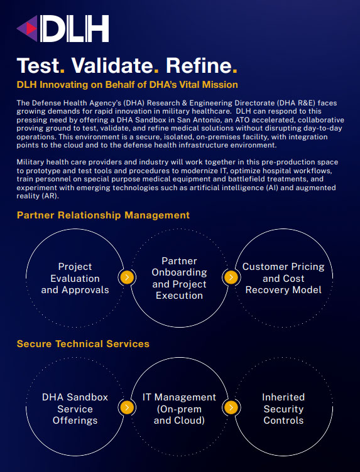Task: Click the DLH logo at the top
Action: coord(63,29)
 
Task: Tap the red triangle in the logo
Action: coord(31,29)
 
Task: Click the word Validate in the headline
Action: coord(112,65)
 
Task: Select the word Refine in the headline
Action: coord(199,65)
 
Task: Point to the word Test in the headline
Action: coord(38,65)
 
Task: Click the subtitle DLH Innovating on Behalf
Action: coord(127,85)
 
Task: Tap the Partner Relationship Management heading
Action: coord(103,215)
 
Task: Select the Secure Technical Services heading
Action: coord(83,344)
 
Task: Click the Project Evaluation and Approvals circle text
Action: coord(75,278)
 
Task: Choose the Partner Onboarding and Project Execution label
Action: coord(179,278)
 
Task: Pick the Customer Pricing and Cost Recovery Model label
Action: coord(283,278)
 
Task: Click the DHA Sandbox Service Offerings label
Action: coord(75,409)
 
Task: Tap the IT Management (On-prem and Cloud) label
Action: coord(179,409)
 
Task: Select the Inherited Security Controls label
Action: coord(283,409)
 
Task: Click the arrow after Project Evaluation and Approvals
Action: coord(127,277)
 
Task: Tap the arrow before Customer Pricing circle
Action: coord(231,277)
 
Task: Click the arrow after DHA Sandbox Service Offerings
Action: coord(127,407)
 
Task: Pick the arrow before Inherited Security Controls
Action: coord(231,407)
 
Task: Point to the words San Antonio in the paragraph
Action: coord(195,120)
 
